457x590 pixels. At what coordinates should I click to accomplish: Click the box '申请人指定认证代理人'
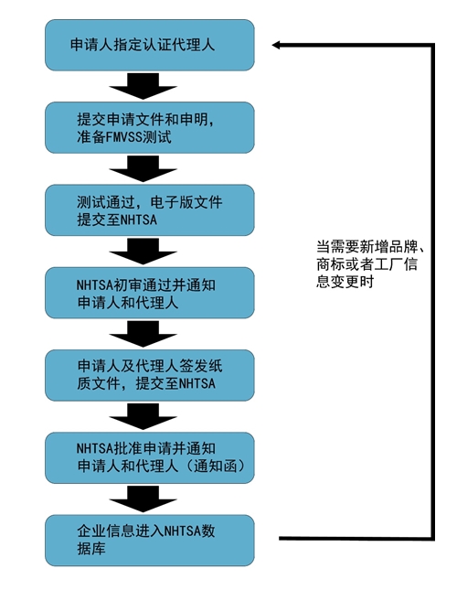(x=150, y=45)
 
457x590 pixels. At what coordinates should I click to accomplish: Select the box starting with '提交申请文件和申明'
(x=150, y=127)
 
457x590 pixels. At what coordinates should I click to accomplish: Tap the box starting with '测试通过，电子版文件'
(x=150, y=210)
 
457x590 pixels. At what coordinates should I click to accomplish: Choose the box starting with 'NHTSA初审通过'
(x=150, y=293)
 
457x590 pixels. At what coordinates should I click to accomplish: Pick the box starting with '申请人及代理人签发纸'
(x=150, y=375)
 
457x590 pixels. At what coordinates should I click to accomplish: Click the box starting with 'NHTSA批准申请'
(x=150, y=457)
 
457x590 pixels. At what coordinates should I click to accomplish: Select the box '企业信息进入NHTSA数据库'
(x=150, y=541)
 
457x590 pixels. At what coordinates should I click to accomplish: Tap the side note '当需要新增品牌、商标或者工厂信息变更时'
(x=370, y=264)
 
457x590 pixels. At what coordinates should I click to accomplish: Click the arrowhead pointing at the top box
(x=276, y=45)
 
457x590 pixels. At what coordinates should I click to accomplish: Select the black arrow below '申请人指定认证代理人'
(x=143, y=86)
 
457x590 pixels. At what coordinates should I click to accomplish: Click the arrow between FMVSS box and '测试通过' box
(x=143, y=168)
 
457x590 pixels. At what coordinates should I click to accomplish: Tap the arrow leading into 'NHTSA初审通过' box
(x=143, y=252)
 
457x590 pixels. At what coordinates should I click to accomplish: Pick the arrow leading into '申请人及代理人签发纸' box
(x=143, y=334)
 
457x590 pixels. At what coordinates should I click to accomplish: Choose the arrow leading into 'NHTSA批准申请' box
(x=143, y=416)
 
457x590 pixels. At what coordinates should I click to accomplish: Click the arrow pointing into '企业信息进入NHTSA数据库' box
(x=143, y=499)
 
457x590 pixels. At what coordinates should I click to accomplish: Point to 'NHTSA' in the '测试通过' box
(x=138, y=220)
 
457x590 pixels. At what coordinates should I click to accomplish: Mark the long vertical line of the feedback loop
(x=432, y=292)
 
